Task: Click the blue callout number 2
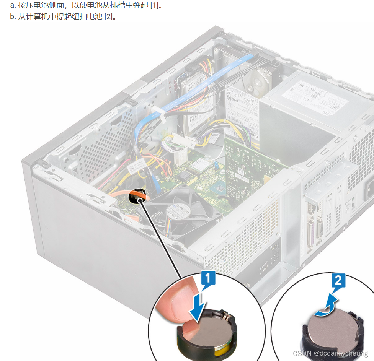tap(338, 281)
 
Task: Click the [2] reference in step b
tap(110, 17)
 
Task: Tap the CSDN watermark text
tap(303, 354)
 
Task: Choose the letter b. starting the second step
tap(13, 17)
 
